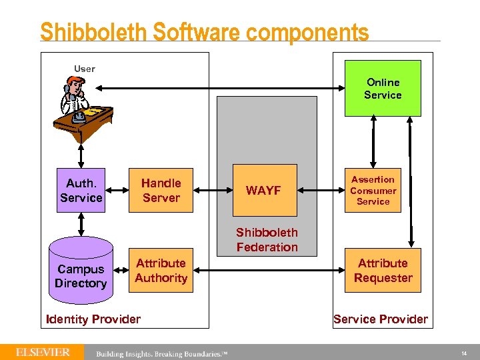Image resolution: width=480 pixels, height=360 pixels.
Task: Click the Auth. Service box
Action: [81, 190]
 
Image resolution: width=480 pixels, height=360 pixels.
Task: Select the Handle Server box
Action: [161, 190]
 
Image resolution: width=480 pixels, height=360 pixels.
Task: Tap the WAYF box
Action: [263, 190]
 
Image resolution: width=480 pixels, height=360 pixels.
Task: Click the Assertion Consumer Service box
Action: [373, 190]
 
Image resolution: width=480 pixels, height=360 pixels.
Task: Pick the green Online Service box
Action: [383, 88]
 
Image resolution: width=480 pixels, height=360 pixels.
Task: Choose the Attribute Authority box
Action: [161, 271]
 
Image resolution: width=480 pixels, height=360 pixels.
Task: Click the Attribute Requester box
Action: [383, 271]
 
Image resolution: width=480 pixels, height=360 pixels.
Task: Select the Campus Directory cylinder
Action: [81, 273]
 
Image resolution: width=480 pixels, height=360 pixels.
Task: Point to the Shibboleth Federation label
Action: [267, 240]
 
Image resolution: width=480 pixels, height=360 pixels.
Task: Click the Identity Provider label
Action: [93, 319]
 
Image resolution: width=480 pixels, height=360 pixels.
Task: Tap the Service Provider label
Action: [381, 319]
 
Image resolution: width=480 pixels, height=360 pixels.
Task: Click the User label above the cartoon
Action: [85, 69]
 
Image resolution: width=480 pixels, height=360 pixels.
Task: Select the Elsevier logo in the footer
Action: [43, 352]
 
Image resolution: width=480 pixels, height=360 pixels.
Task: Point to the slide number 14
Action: [464, 353]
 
